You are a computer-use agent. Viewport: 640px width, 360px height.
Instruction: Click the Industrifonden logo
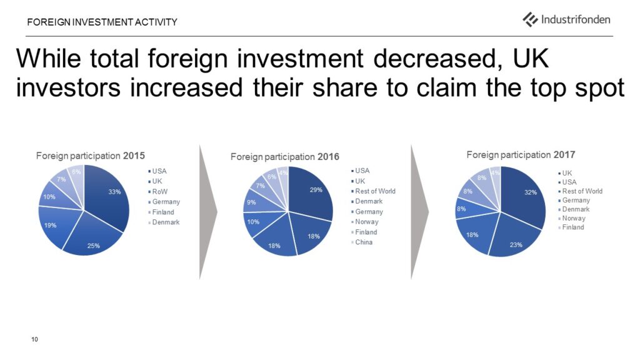tap(566, 19)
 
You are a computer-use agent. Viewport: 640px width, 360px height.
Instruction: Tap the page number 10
tap(35, 339)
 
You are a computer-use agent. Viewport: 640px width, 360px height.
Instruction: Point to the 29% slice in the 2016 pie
tap(312, 192)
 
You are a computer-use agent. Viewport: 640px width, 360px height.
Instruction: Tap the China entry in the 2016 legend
tap(362, 242)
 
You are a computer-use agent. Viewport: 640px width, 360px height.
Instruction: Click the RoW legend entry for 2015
tap(157, 191)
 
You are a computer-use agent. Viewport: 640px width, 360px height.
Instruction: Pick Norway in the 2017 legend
tap(572, 218)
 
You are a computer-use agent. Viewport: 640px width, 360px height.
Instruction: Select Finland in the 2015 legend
tap(161, 212)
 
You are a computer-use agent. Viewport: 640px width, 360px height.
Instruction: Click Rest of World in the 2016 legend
tap(373, 191)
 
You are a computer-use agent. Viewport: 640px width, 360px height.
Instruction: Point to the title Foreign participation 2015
tap(90, 156)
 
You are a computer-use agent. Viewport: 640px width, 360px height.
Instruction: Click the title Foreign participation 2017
tap(521, 155)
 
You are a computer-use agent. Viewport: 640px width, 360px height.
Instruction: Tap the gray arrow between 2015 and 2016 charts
tap(208, 212)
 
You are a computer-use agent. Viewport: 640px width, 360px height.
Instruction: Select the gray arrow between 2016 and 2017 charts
tap(419, 212)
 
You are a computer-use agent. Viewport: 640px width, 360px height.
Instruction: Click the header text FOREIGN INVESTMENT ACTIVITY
tap(102, 22)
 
